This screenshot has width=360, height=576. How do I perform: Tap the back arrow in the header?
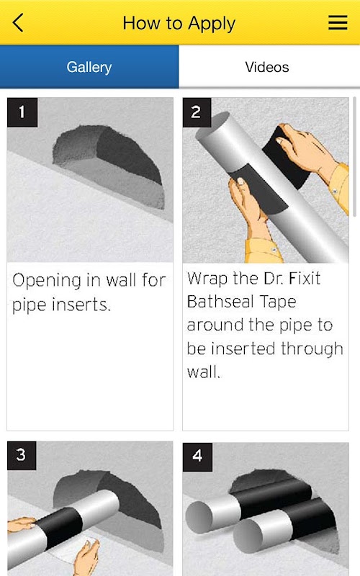(x=18, y=23)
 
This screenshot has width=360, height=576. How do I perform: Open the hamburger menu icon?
(x=338, y=22)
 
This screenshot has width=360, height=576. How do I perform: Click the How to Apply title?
(x=179, y=24)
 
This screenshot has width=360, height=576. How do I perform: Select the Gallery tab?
(x=89, y=67)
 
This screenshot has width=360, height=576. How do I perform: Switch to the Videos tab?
(x=267, y=67)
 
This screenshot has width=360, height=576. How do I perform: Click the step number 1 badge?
(x=22, y=112)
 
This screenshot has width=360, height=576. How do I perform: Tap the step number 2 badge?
(x=197, y=112)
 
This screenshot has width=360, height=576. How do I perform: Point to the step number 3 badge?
(x=22, y=456)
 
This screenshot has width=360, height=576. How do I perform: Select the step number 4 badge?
(x=197, y=456)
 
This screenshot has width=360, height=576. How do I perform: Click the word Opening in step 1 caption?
(x=47, y=281)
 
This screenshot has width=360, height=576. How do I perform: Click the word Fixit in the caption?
(x=305, y=278)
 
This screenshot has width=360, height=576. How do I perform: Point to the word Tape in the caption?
(x=278, y=302)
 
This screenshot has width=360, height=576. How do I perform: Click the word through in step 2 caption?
(x=312, y=348)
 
